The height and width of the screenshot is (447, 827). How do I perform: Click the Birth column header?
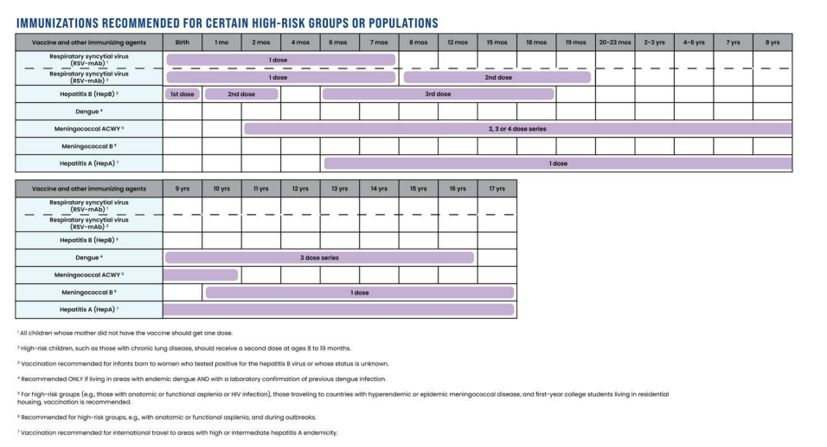tap(182, 42)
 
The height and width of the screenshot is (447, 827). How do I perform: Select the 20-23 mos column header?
tap(614, 42)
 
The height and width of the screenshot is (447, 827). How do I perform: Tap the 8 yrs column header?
tap(772, 42)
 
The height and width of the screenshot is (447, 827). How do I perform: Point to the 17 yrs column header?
tap(497, 188)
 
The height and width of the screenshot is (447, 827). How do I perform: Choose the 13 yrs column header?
tap(339, 188)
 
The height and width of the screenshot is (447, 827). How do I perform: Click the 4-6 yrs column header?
tap(694, 42)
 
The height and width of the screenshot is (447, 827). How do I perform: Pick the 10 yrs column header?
tap(221, 188)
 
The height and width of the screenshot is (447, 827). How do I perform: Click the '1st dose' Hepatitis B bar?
tap(182, 94)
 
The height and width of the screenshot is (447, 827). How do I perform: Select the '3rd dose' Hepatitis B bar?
tap(438, 94)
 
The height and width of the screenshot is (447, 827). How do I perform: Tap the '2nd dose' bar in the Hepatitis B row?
tap(240, 94)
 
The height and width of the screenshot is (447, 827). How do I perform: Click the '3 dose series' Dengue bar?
tap(319, 257)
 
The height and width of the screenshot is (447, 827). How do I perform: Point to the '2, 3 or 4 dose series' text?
tap(517, 128)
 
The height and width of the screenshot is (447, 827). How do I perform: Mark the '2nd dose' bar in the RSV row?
tap(497, 77)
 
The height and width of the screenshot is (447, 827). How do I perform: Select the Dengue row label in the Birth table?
tap(89, 111)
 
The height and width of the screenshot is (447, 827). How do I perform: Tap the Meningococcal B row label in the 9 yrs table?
tap(89, 292)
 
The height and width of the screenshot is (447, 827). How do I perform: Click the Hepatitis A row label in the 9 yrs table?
tap(89, 309)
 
